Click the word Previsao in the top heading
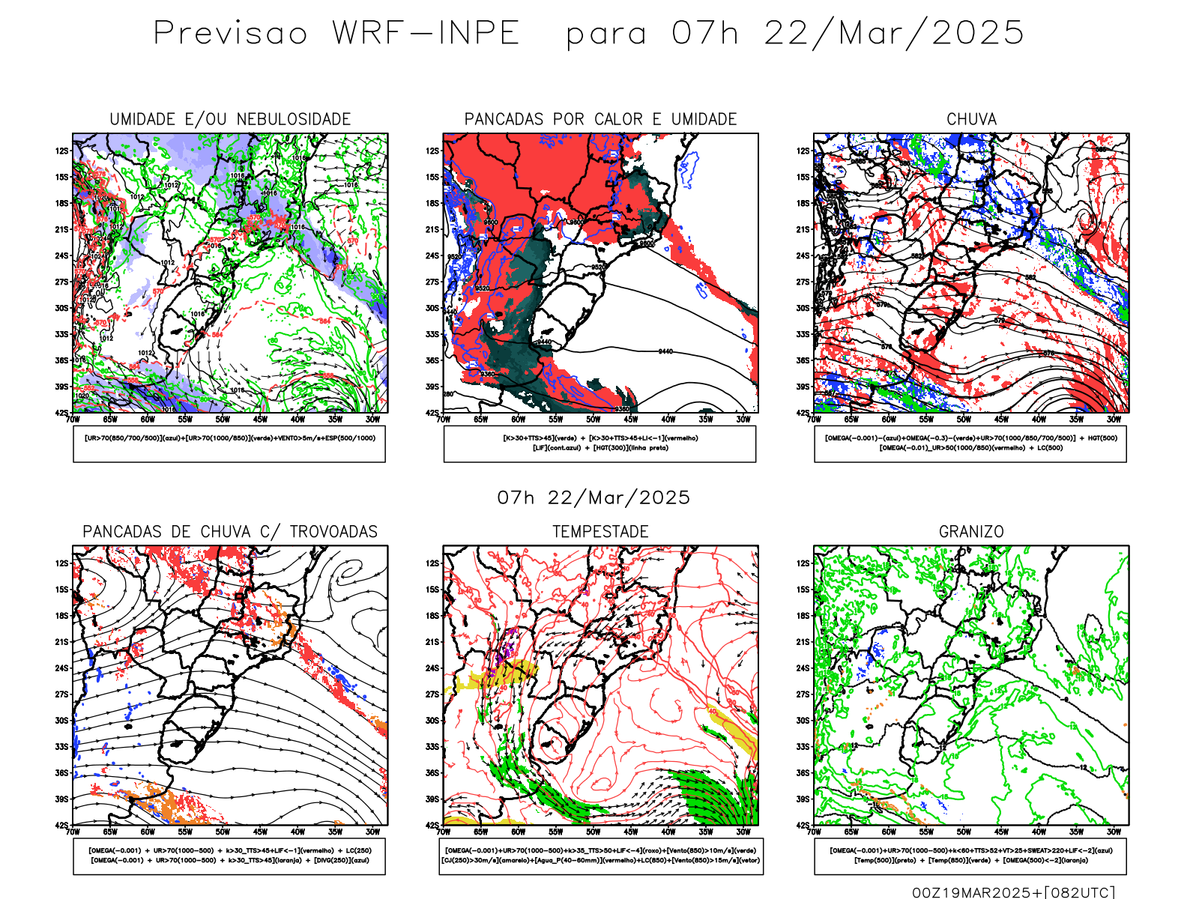pos(231,34)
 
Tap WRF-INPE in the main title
pos(426,34)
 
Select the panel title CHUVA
pos(971,119)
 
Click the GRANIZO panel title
pos(971,532)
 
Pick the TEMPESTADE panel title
pos(600,532)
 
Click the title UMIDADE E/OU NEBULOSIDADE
pos(230,119)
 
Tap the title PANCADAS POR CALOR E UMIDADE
pos(600,119)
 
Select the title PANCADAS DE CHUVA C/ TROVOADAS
pos(230,532)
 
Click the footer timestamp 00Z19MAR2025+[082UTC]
pos(1013,892)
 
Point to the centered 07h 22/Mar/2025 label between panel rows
pos(594,497)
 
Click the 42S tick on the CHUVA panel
pos(803,413)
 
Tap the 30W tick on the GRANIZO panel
pos(1114,832)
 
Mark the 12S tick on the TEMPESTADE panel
pos(432,563)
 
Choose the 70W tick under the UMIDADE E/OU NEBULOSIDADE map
pos(73,420)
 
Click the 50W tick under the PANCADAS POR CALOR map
pos(594,420)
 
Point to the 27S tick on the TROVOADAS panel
pos(61,694)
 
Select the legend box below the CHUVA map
pos(970,444)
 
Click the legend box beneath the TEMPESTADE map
pos(600,856)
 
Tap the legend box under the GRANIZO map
pos(970,856)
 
